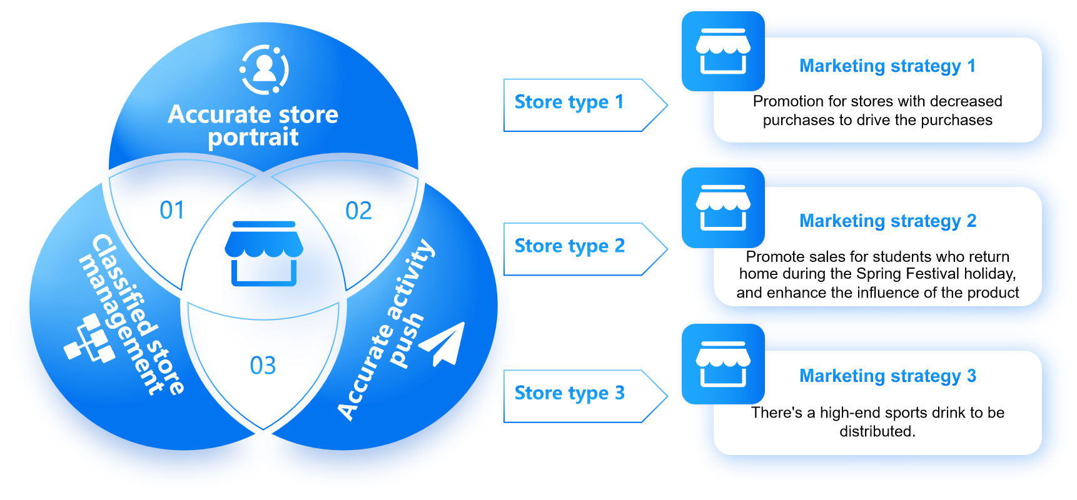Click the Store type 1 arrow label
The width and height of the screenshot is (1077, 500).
click(569, 102)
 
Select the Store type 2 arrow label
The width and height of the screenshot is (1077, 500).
click(569, 246)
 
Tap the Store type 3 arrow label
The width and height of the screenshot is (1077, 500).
click(569, 393)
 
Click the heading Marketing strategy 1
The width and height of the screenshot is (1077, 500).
click(887, 66)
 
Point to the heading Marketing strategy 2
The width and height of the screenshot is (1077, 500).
click(887, 221)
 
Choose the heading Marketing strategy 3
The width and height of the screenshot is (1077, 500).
click(887, 376)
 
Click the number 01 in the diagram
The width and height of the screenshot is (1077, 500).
click(172, 211)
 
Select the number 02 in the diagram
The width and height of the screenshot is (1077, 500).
click(359, 212)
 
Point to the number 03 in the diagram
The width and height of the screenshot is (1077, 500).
click(263, 366)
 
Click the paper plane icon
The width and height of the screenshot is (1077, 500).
click(444, 344)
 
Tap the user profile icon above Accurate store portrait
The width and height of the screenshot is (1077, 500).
click(265, 69)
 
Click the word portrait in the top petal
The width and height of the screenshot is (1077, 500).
click(253, 137)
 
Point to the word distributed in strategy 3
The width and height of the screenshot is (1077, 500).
click(877, 431)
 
